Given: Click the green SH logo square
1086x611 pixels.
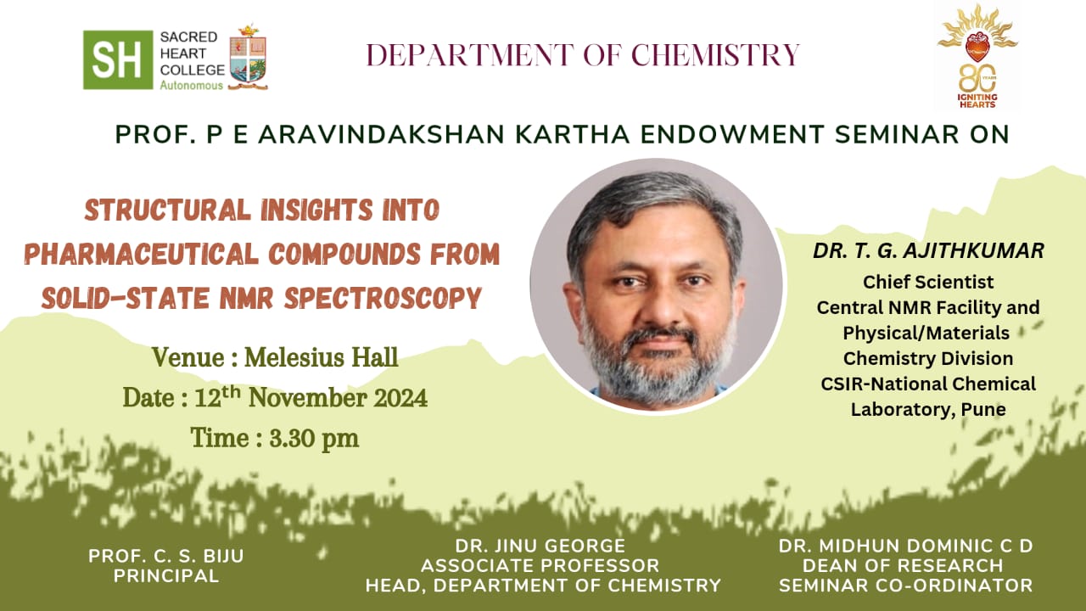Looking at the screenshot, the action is pyautogui.click(x=118, y=59).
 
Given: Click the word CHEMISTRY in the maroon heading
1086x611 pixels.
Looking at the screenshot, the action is pyautogui.click(x=715, y=54).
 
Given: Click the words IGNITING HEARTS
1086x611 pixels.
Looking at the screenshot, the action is pyautogui.click(x=977, y=101).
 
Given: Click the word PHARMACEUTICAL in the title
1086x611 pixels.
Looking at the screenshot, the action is pyautogui.click(x=143, y=254).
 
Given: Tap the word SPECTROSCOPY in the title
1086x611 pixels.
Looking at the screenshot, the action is pyautogui.click(x=383, y=298).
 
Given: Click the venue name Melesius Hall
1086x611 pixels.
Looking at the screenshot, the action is pyautogui.click(x=321, y=358).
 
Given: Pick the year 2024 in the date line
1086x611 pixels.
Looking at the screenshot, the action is pyautogui.click(x=400, y=399).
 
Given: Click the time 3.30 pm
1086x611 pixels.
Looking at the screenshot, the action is pyautogui.click(x=314, y=439).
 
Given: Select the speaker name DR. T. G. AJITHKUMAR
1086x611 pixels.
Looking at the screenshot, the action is pyautogui.click(x=928, y=250).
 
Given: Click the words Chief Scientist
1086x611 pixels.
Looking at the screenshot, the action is pyautogui.click(x=928, y=282).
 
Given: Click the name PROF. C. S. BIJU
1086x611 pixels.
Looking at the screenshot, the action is pyautogui.click(x=166, y=556).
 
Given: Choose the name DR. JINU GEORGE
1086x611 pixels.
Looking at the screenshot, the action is pyautogui.click(x=540, y=546).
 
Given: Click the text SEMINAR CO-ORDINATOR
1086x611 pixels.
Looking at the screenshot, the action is pyautogui.click(x=905, y=586).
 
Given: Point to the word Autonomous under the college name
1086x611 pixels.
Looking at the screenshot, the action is pyautogui.click(x=192, y=86).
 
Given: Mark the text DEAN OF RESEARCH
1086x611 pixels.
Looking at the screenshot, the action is pyautogui.click(x=903, y=565).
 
